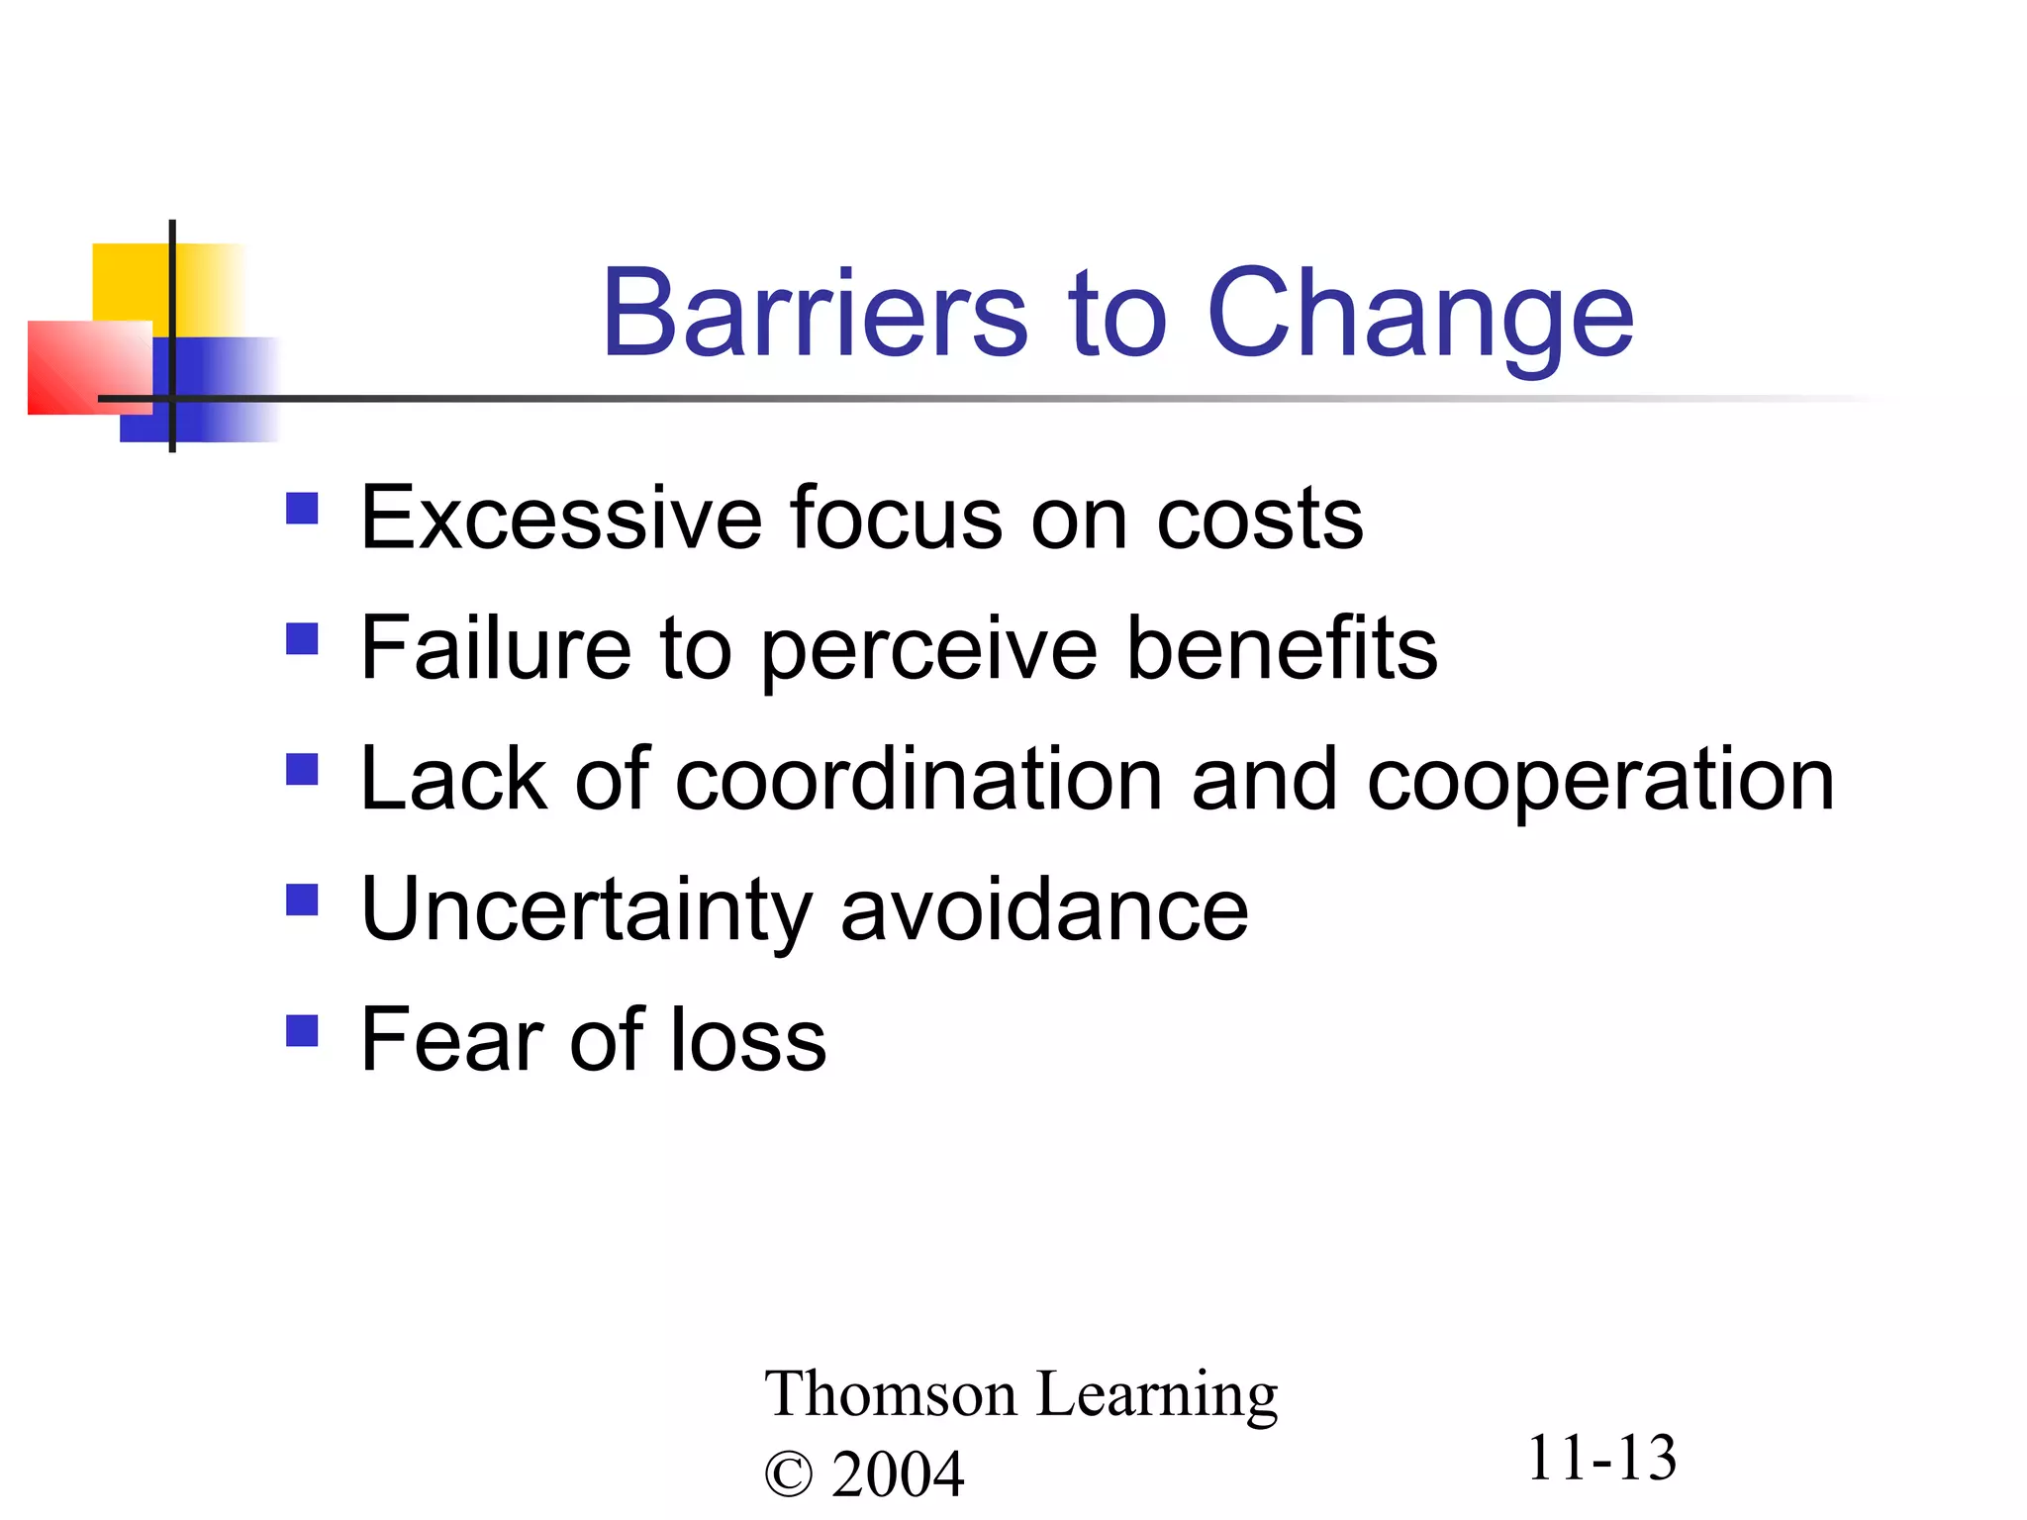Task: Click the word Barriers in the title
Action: point(815,314)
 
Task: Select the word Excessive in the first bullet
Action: point(561,519)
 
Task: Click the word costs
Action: point(1259,521)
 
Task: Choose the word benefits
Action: point(1282,648)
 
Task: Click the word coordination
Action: point(917,780)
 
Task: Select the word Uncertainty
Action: point(586,910)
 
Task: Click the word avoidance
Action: point(1044,910)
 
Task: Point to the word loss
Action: point(747,1040)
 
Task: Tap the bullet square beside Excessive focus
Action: point(302,509)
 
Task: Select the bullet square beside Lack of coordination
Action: point(302,769)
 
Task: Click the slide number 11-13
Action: point(1601,1459)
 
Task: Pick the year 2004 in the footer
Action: point(897,1474)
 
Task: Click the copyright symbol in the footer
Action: point(789,1475)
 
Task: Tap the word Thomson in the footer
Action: point(890,1394)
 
